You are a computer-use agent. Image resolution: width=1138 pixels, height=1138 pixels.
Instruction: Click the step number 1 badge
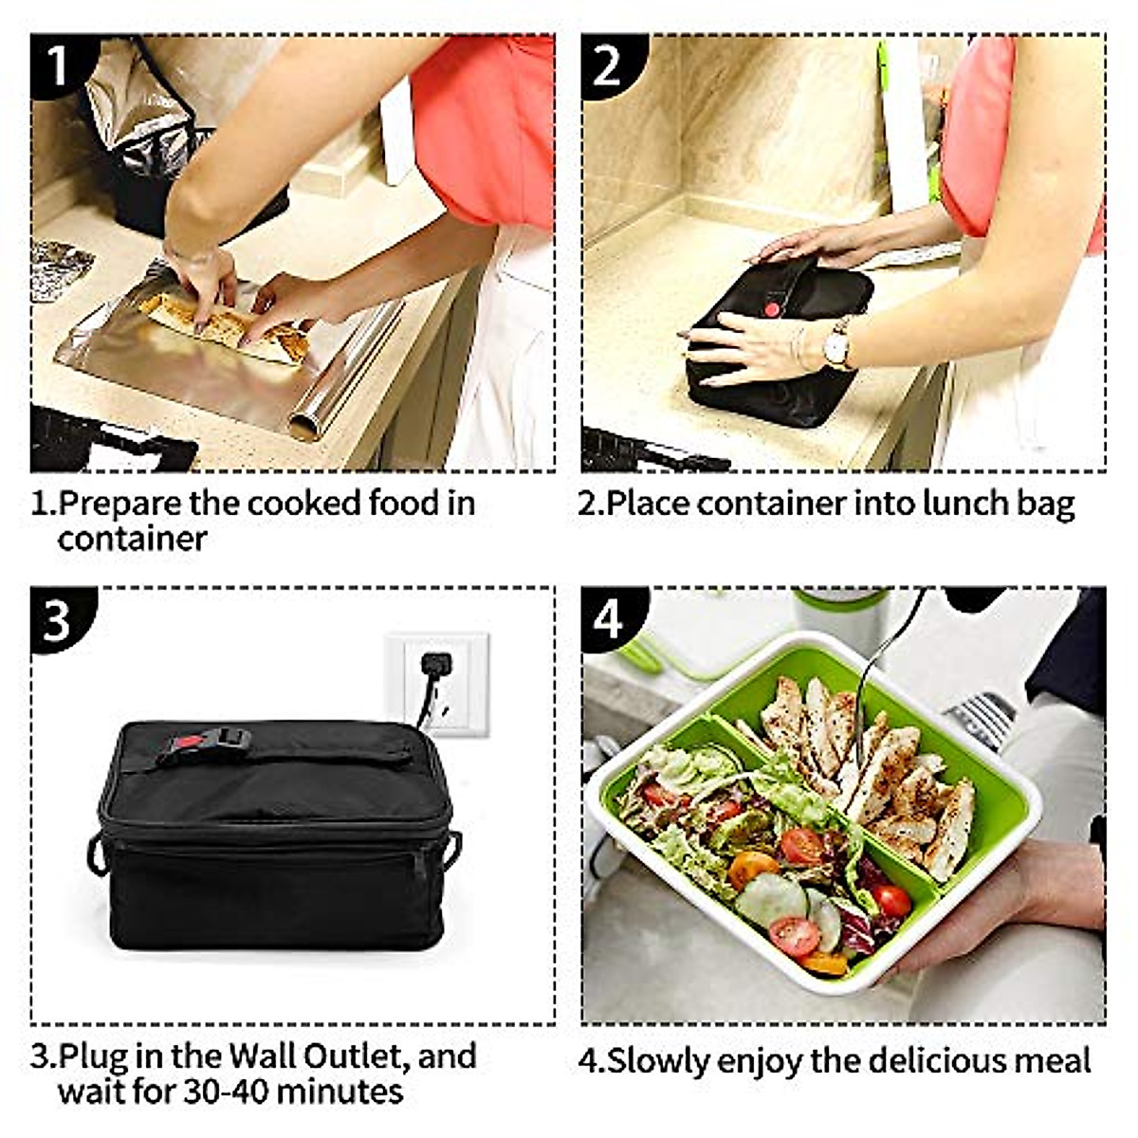click(x=59, y=64)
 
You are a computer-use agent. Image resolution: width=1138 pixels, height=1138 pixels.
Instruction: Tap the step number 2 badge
click(x=608, y=64)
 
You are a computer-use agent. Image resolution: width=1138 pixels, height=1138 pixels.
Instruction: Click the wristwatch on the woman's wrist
click(x=835, y=345)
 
